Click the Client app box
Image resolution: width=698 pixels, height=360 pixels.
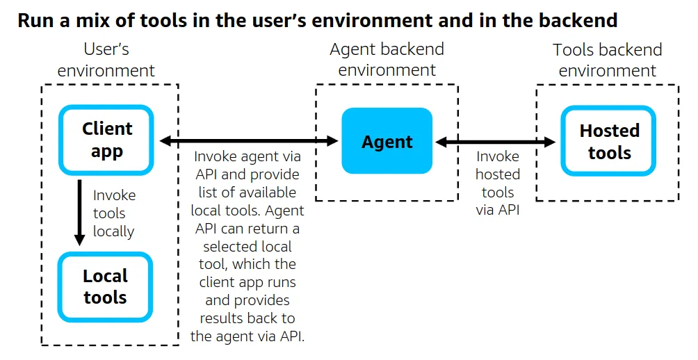click(106, 140)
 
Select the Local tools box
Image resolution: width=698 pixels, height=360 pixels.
click(105, 287)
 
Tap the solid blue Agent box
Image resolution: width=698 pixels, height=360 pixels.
click(387, 141)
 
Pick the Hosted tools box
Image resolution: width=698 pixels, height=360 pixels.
click(609, 141)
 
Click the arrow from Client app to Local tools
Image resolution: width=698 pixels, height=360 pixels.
click(80, 212)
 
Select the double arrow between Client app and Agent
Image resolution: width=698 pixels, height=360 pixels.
click(248, 141)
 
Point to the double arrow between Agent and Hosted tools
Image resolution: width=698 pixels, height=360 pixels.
click(496, 142)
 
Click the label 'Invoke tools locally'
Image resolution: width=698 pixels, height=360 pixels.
click(113, 213)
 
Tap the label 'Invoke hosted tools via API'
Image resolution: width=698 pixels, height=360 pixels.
click(497, 183)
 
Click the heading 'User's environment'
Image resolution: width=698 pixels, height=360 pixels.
click(106, 60)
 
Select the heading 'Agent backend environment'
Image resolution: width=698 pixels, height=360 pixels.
click(387, 60)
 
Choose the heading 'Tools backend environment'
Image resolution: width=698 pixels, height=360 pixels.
click(607, 60)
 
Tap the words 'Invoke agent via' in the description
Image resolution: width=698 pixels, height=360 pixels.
click(247, 156)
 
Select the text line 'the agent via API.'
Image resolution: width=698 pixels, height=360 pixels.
click(247, 336)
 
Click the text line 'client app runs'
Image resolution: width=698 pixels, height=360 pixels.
click(247, 282)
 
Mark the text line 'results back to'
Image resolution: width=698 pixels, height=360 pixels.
click(247, 318)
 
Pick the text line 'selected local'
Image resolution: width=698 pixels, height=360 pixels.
click(247, 246)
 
